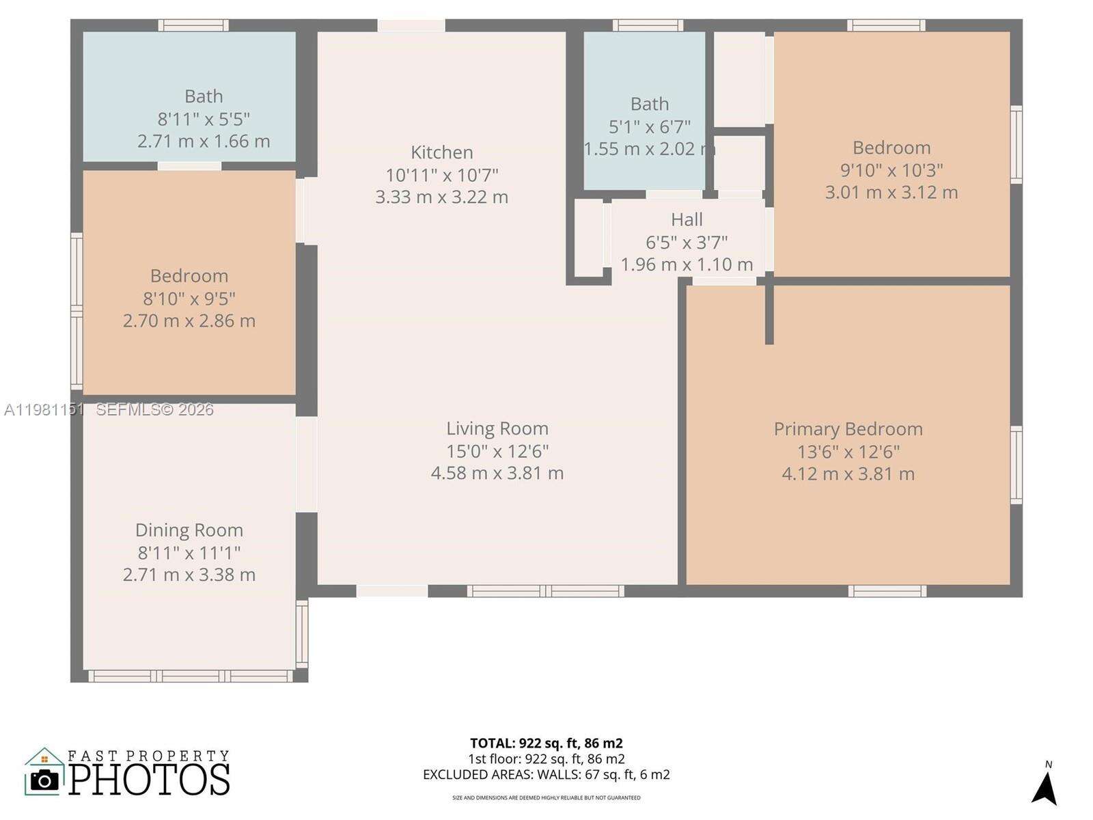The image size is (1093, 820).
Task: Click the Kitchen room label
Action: coord(441,152)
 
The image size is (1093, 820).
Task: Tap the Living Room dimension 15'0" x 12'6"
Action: coord(497,451)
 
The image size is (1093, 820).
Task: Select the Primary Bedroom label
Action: coord(848,429)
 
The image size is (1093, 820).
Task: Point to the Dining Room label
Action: coord(189,530)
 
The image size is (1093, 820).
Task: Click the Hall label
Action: coord(687,219)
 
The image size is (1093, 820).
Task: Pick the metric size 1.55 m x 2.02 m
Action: coord(649,148)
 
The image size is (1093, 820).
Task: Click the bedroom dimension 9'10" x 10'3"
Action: coord(891,170)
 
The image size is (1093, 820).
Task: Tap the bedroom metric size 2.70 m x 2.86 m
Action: coord(189,320)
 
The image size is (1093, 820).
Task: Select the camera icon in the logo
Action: coord(45,780)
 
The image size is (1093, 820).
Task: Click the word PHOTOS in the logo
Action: coord(149,780)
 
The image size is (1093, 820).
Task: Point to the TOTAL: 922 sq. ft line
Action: coord(546,743)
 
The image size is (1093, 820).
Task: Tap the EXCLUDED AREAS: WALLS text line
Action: coord(546,775)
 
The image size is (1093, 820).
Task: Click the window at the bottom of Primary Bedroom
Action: coord(887,590)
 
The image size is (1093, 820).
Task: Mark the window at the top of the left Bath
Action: coord(193,25)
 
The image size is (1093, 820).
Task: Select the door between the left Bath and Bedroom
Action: coord(189,166)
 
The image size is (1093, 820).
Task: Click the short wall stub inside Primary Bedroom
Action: coord(769,314)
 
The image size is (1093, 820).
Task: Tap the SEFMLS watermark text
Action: coord(154,409)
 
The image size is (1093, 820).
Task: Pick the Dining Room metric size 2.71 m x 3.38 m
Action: coord(189,575)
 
